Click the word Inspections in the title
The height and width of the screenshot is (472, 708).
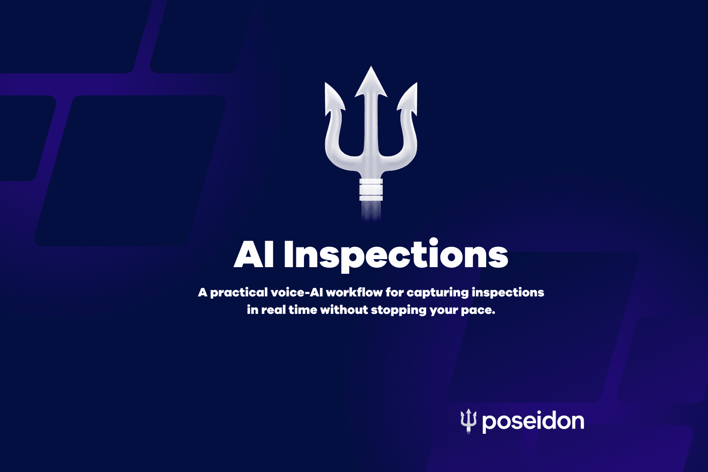click(x=396, y=255)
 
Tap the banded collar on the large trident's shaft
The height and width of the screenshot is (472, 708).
click(x=371, y=190)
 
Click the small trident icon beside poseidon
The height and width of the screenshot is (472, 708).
click(x=469, y=421)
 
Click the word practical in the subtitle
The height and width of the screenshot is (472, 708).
click(x=239, y=293)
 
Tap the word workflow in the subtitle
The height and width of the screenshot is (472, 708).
click(x=354, y=293)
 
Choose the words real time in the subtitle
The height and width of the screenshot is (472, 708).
click(x=289, y=310)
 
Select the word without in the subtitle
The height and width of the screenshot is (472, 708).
click(x=344, y=310)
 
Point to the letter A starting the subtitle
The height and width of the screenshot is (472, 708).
click(x=203, y=293)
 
